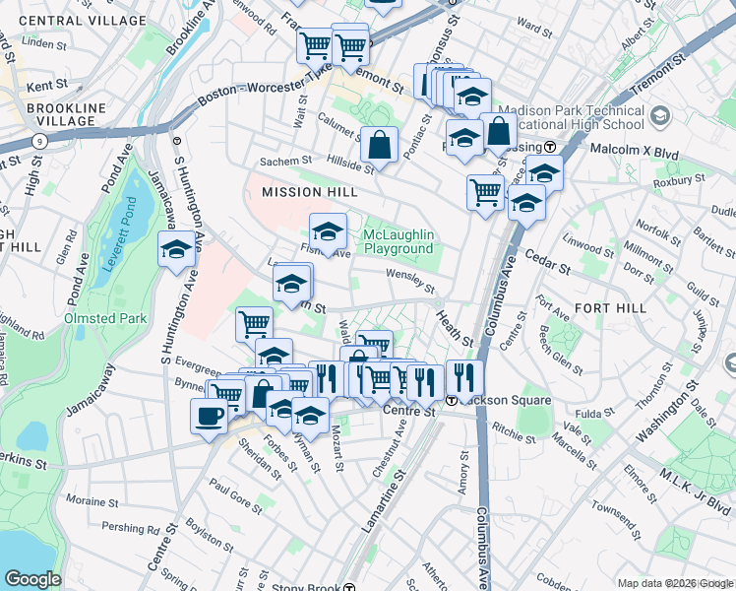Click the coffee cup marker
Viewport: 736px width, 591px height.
209,416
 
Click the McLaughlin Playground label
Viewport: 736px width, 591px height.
399,242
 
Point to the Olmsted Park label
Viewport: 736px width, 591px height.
105,318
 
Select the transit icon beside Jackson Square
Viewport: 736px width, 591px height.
451,401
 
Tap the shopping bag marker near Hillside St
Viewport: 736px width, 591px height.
379,146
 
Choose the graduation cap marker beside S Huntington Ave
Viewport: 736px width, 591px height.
176,249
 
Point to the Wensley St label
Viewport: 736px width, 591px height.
409,282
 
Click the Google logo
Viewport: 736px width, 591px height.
33,578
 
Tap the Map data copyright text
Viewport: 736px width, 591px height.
675,583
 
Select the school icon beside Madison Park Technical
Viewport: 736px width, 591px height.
660,117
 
